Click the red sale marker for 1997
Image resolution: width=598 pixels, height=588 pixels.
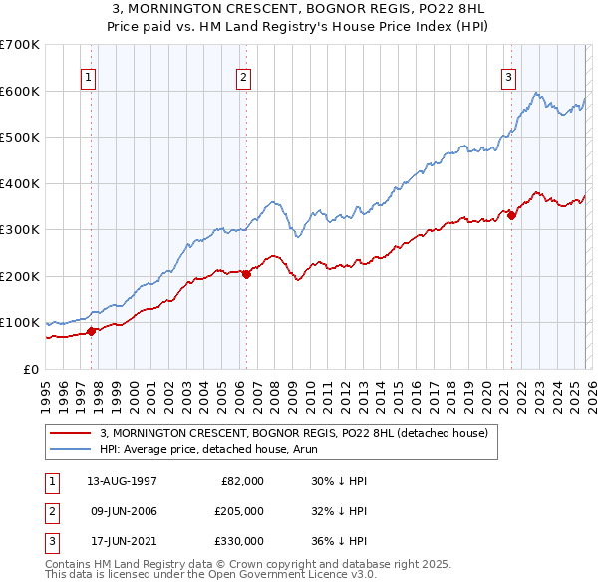(91, 331)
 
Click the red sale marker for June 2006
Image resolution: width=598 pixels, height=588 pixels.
(246, 274)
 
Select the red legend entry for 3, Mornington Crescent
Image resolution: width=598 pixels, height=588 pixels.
(293, 433)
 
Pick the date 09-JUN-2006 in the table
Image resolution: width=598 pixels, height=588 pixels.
(123, 511)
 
